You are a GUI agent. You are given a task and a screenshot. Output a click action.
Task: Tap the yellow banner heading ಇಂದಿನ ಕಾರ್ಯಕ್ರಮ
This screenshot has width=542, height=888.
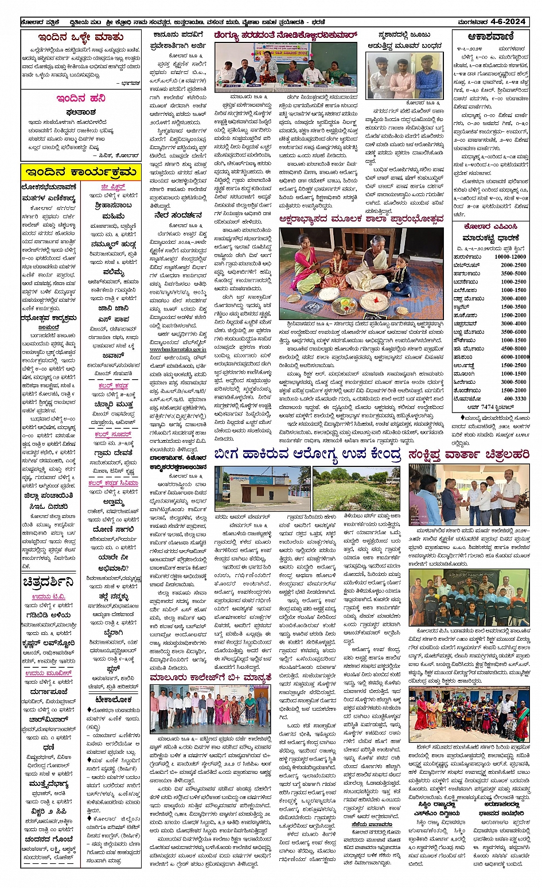click(x=81, y=172)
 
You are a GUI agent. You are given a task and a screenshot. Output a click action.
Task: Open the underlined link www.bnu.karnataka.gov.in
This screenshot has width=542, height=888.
click(x=178, y=349)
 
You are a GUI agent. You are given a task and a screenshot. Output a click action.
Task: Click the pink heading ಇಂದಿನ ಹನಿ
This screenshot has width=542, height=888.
click(x=80, y=98)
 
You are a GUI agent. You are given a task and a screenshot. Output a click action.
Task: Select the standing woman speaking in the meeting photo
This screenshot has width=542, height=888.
click(x=267, y=67)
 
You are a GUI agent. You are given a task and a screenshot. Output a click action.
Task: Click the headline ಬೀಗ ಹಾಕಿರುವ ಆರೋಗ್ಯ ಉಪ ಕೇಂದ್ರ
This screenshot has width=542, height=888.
click(x=307, y=454)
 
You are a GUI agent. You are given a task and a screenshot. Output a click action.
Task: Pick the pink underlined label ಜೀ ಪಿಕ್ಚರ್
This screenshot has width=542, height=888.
click(x=112, y=187)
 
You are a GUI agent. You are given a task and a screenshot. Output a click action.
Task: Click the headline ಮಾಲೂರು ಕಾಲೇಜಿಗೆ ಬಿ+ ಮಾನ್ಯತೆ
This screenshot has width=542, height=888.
click(x=210, y=678)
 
